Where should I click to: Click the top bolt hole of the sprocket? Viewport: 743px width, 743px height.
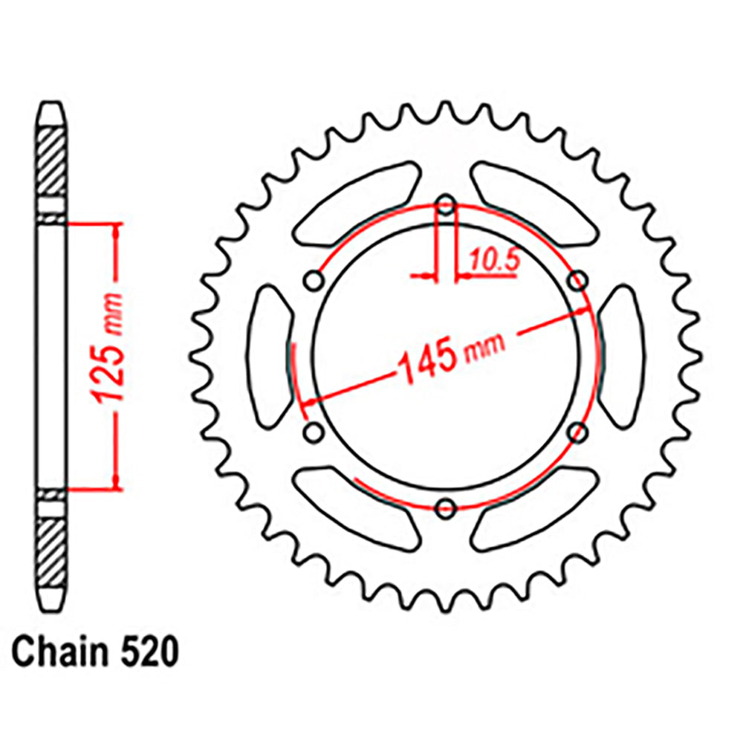(446, 206)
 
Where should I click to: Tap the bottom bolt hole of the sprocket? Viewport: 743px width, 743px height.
(446, 508)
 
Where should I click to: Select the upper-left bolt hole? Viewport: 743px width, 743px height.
(314, 281)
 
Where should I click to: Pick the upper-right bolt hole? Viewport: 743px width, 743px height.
(578, 281)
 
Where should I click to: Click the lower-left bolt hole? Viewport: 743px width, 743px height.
(314, 432)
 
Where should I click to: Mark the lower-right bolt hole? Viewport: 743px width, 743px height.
(578, 432)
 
